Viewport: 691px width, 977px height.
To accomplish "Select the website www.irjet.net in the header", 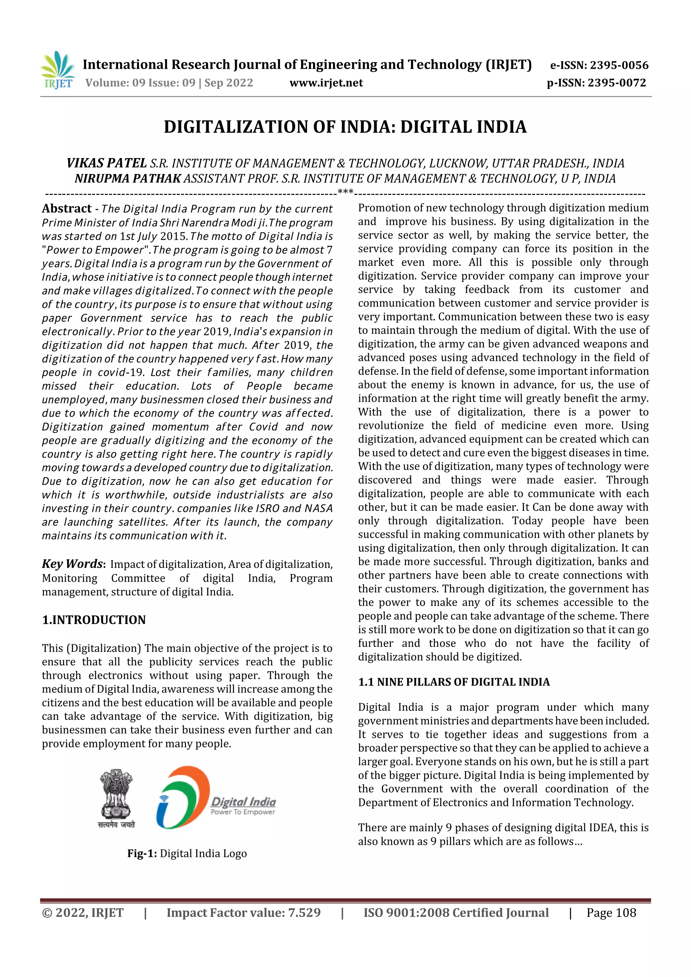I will click(326, 83).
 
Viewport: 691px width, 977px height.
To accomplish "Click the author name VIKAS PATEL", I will click(106, 163).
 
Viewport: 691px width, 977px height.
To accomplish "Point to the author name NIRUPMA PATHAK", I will click(128, 178).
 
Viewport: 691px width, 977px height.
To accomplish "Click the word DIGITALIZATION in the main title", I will click(236, 127).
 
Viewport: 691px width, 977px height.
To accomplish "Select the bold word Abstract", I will click(66, 208).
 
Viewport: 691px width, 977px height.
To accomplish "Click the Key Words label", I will click(73, 564).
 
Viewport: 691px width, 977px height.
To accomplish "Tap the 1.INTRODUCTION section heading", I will click(94, 620).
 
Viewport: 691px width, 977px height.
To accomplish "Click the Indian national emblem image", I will click(116, 798).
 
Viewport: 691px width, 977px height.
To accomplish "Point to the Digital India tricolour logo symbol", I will click(183, 797).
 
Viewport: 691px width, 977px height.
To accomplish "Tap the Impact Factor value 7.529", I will click(304, 912).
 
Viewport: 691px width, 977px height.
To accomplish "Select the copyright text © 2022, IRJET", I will click(83, 912).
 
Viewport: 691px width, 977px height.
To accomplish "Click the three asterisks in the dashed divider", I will click(345, 192).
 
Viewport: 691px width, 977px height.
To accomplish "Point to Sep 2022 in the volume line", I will click(229, 83).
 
